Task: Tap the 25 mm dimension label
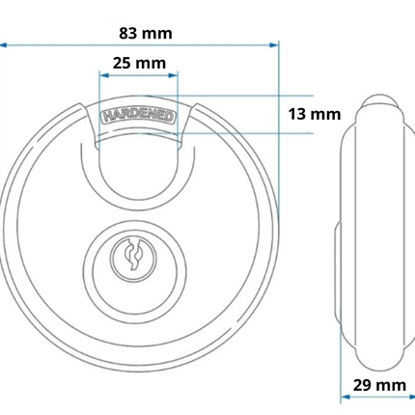(x=139, y=64)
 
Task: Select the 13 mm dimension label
(x=315, y=114)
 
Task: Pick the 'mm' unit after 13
(x=328, y=114)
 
